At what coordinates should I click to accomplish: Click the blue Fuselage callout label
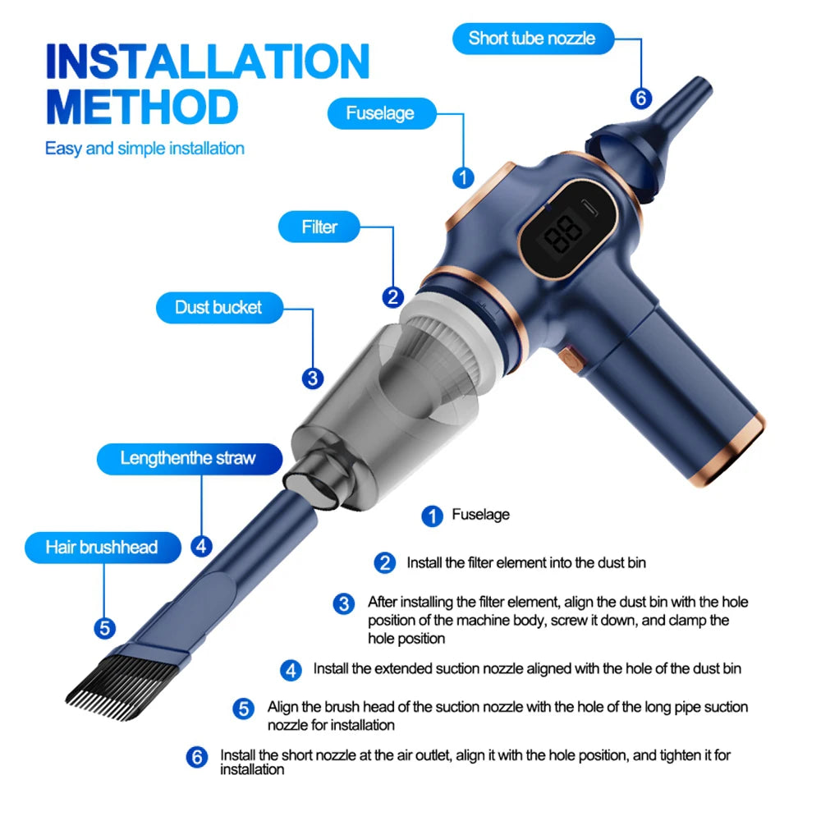coord(380,113)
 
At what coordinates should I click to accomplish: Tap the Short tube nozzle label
coord(531,38)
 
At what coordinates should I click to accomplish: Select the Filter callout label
coord(319,227)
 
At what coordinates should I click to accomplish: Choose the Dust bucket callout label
coord(218,308)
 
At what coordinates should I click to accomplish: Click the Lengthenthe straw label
coord(188,458)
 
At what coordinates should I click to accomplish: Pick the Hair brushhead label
coord(101,547)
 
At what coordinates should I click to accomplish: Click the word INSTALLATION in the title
coord(207,62)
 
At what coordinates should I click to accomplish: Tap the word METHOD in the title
coord(141,108)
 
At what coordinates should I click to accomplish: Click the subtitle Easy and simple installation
coord(144,149)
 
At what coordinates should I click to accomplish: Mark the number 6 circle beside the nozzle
coord(641,99)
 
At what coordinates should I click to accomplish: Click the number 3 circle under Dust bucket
coord(312,378)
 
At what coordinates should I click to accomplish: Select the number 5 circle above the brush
coord(104,628)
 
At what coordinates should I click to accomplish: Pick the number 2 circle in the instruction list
coord(385,563)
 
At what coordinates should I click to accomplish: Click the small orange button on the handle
coord(568,358)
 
